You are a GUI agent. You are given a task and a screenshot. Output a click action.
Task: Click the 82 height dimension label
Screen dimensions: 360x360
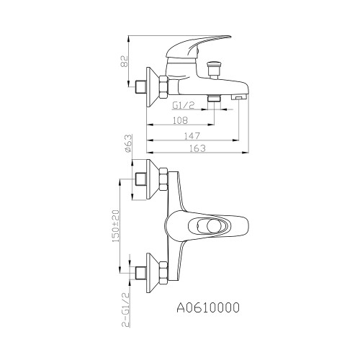coord(125,61)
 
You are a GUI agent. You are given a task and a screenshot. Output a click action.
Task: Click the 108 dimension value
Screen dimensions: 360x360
coord(180,120)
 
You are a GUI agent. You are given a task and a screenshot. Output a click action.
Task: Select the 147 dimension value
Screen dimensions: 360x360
coord(192,136)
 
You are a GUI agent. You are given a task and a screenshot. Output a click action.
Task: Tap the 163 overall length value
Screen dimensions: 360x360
coord(198,148)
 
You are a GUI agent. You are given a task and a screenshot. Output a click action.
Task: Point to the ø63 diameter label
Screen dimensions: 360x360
coord(128,143)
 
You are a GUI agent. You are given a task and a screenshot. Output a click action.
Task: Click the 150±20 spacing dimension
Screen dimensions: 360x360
coord(116,226)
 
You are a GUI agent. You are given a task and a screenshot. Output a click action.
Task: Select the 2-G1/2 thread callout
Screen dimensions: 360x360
coord(126,310)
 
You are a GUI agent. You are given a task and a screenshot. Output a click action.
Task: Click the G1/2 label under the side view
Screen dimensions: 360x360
coord(184,105)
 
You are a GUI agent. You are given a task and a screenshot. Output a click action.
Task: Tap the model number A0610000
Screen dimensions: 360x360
coord(208,307)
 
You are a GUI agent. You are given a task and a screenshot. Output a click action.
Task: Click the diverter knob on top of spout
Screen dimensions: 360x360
coord(213,70)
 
